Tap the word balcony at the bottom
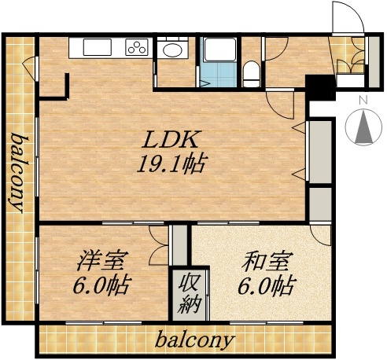[x=194, y=341]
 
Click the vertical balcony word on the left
[x=16, y=173]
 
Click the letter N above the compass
[x=363, y=101]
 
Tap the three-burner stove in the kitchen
[x=137, y=48]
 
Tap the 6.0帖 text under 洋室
[x=103, y=284]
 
